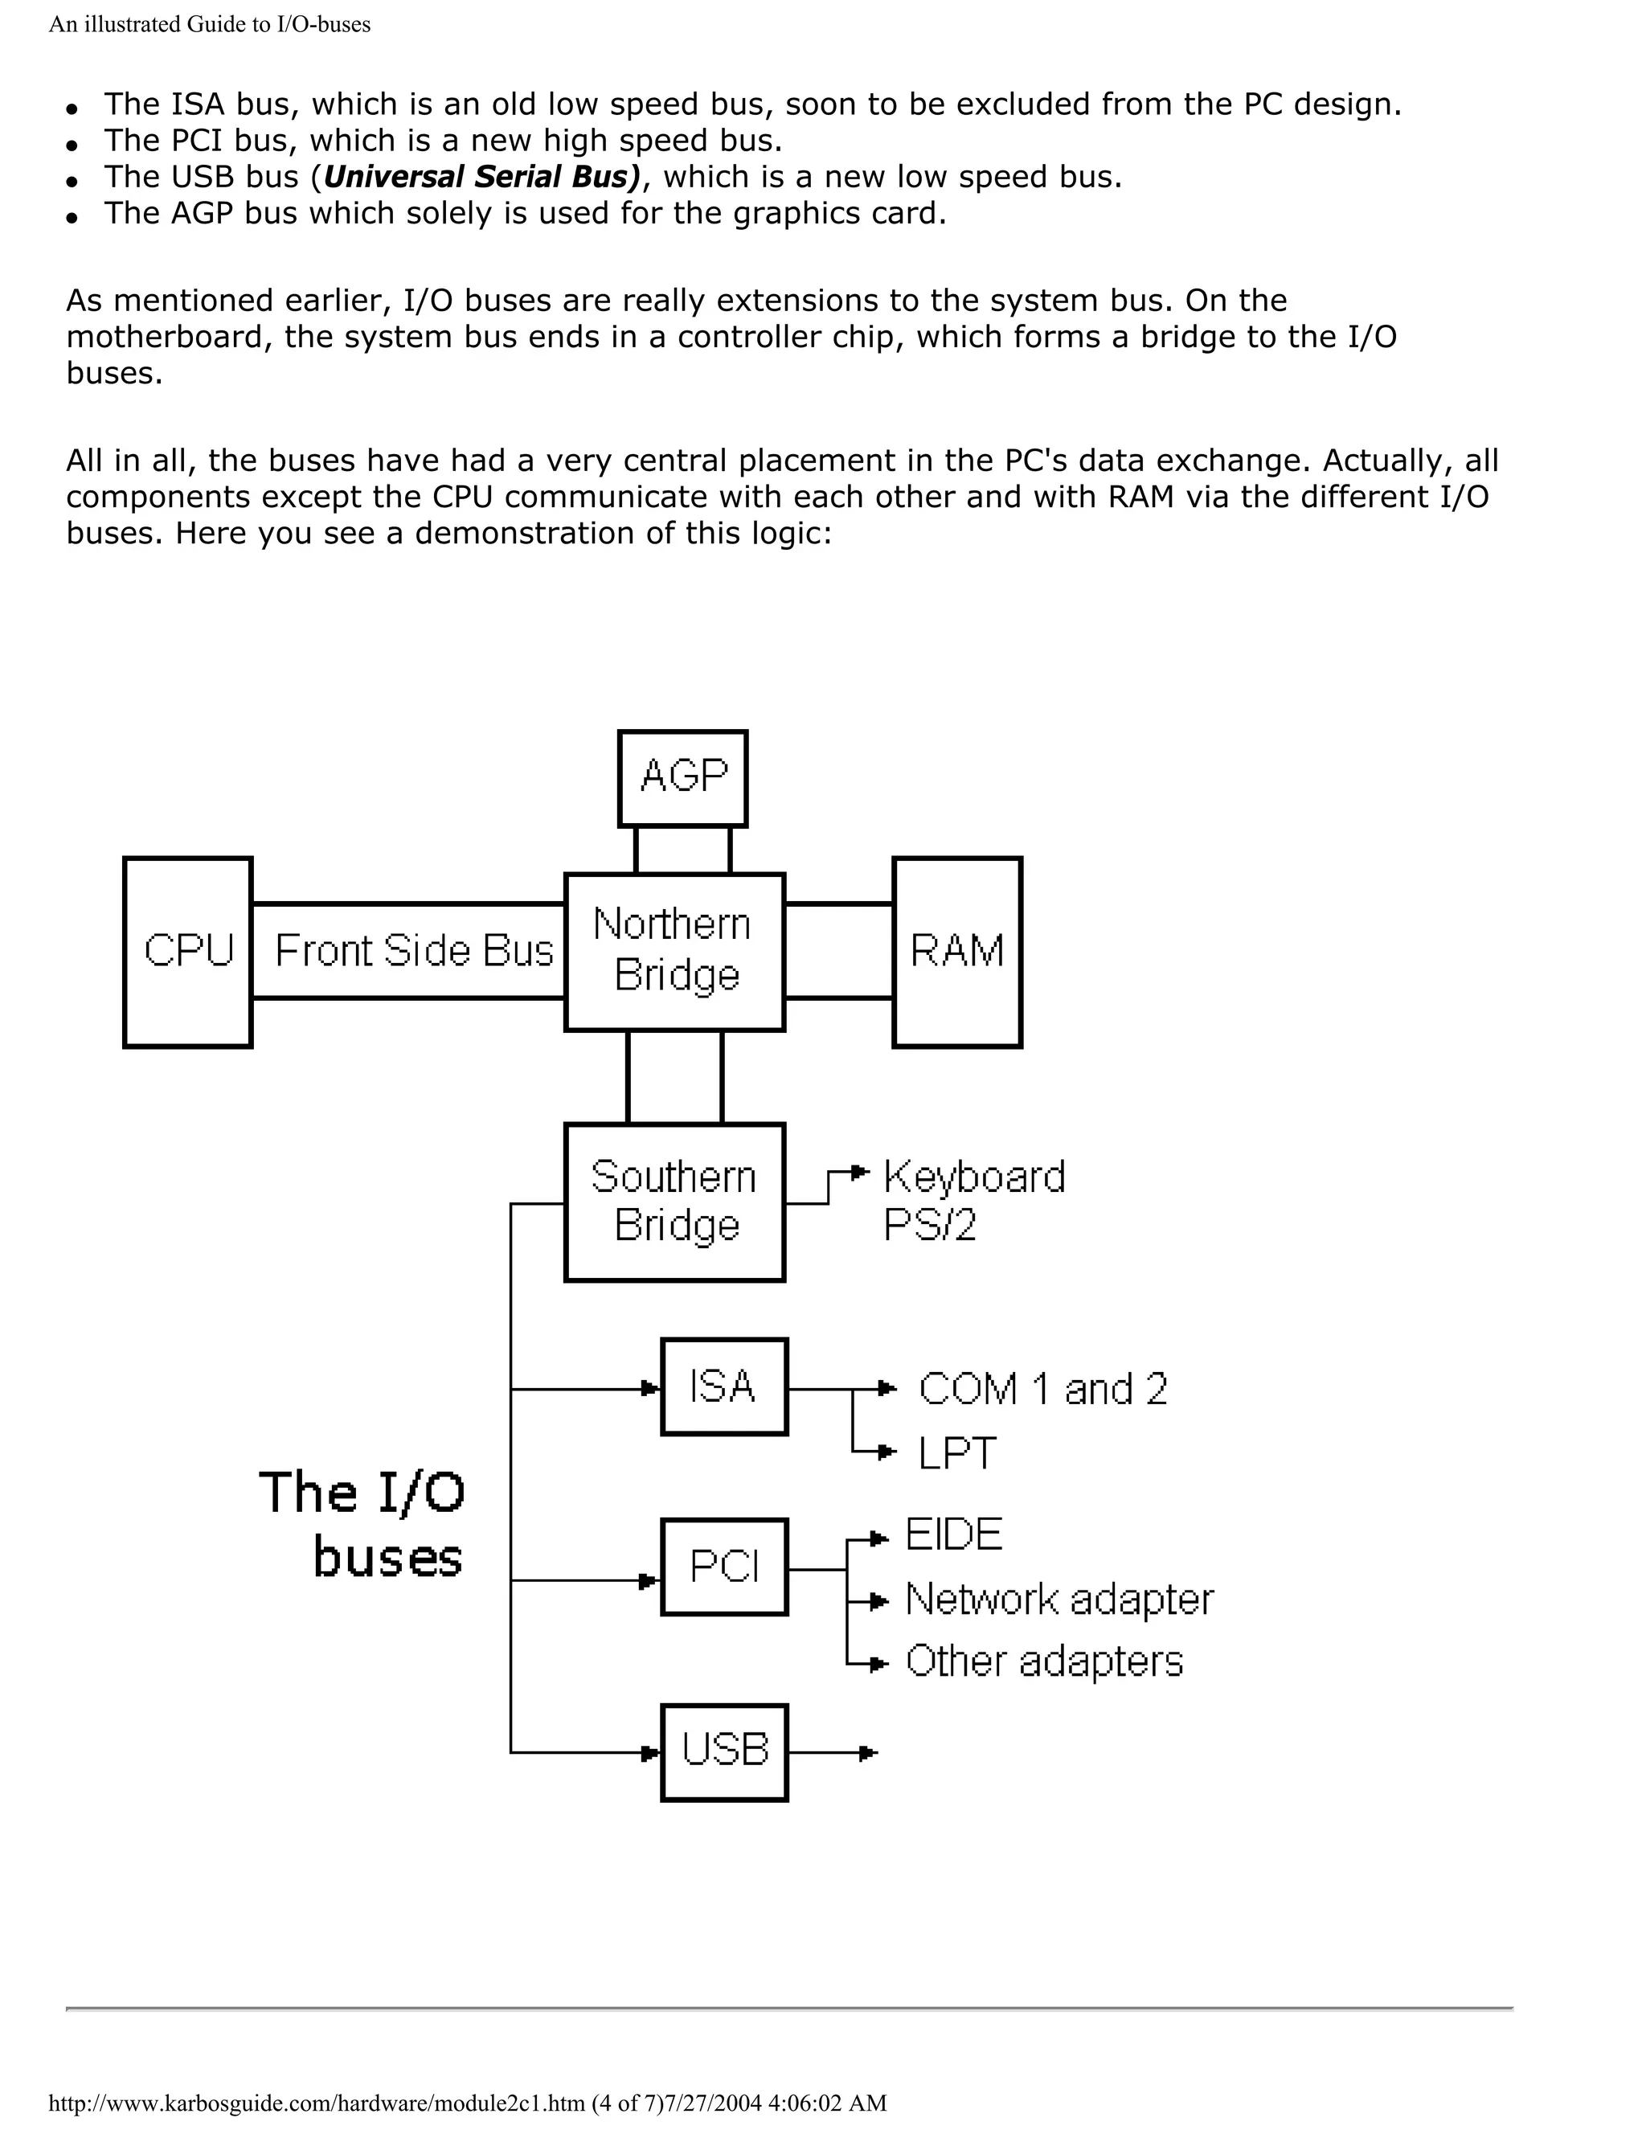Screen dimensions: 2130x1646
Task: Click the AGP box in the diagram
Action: [682, 778]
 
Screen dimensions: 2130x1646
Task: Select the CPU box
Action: [188, 952]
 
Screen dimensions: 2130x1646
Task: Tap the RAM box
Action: [956, 952]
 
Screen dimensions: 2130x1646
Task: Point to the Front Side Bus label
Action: [413, 951]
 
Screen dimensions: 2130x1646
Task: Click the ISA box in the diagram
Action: [723, 1386]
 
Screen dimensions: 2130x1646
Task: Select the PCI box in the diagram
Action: [723, 1567]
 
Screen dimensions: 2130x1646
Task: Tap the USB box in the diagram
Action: [723, 1752]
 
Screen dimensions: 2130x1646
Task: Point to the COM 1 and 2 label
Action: [1042, 1389]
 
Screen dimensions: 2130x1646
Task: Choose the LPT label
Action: [956, 1453]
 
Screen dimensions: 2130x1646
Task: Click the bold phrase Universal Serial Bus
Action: [481, 177]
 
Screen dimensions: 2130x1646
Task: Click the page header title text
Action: [210, 24]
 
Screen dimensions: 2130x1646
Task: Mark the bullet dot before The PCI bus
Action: [72, 145]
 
